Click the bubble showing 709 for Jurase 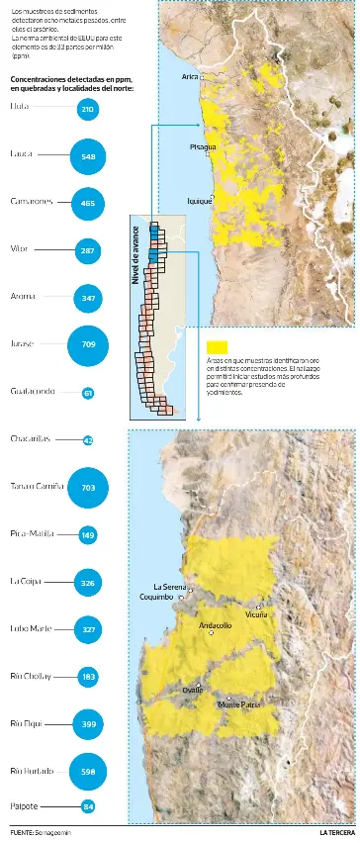pos(88,344)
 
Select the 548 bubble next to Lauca pos(88,156)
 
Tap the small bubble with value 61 pos(88,393)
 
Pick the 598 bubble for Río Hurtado pos(88,771)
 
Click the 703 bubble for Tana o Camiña pos(88,488)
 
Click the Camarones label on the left pos(31,202)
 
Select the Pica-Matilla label pos(32,534)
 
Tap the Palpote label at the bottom pos(25,806)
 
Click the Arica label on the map pos(191,75)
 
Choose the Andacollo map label pos(215,625)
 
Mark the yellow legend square pos(218,347)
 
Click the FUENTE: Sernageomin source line pos(41,833)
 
